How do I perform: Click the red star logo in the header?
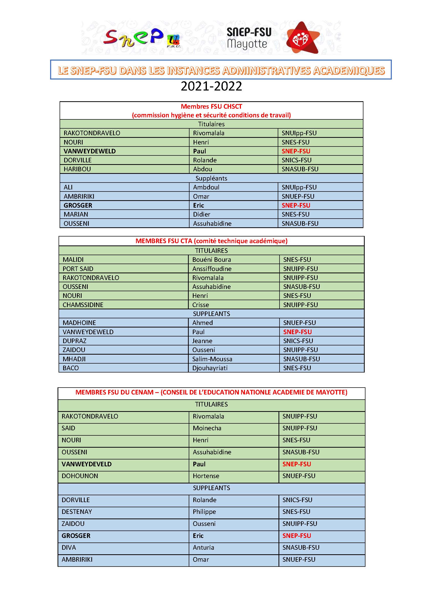[302, 38]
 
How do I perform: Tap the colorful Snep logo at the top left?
[142, 39]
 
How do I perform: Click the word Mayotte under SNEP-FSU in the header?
[247, 44]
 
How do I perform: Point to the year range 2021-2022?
[211, 86]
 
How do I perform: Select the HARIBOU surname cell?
[77, 169]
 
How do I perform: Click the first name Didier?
[202, 214]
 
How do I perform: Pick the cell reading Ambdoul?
[206, 187]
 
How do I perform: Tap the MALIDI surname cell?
[73, 260]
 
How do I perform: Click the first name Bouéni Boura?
[211, 260]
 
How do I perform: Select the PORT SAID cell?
[78, 269]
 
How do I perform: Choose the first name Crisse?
[201, 305]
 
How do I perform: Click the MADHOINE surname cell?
[79, 323]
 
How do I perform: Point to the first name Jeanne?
[202, 341]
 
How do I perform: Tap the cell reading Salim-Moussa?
[212, 359]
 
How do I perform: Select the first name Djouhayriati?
[210, 368]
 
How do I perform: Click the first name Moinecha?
[207, 428]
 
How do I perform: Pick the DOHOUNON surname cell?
[80, 476]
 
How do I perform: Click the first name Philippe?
[204, 512]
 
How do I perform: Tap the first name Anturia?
[203, 547]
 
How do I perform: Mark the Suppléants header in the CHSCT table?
[211, 178]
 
